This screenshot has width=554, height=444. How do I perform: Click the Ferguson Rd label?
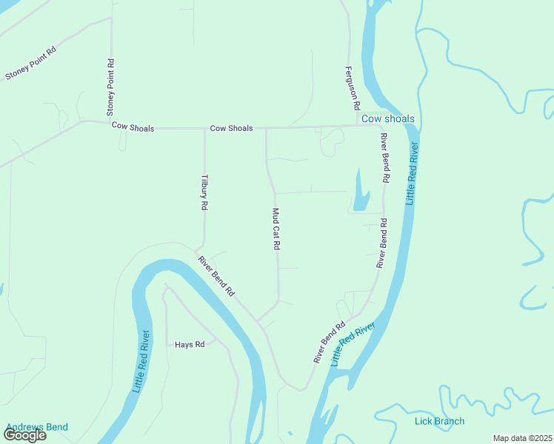pos(351,88)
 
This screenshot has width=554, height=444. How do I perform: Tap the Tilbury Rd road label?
pos(204,193)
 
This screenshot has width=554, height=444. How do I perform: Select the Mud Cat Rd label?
pos(276,228)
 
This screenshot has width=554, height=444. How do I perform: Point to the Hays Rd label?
pos(189,345)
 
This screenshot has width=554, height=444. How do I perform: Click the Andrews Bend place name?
pos(37,427)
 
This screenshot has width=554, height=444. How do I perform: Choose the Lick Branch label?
pos(439,421)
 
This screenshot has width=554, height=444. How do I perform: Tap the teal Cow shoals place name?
pos(387,118)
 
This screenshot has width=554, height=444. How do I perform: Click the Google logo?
pos(24,435)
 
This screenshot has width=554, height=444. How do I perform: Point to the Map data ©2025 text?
pos(522,438)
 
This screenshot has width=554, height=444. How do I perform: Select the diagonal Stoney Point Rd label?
pos(31,64)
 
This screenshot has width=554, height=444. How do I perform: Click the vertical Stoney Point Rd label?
pos(110,87)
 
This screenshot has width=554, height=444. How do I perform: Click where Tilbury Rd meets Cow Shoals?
pos(204,129)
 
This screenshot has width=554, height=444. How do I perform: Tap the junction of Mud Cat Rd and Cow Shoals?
pos(267,128)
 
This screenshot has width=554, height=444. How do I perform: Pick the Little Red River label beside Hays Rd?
pos(140,361)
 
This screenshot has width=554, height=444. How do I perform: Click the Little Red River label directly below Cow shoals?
pos(413,174)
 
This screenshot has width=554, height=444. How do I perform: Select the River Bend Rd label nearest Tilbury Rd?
pos(216,276)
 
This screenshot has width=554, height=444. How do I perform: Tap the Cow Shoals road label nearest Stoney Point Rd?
pos(133,127)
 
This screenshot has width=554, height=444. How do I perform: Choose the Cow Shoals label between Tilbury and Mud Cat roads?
pos(231,128)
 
